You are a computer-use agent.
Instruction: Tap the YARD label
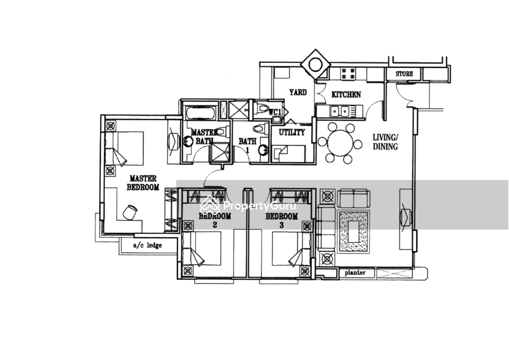(x=297, y=93)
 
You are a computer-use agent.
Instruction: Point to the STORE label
(x=404, y=74)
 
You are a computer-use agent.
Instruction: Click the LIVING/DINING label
(x=386, y=141)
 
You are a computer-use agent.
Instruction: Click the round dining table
(x=341, y=142)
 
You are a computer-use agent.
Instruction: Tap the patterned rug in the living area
(x=353, y=235)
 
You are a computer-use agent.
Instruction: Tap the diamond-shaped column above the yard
(x=314, y=64)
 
